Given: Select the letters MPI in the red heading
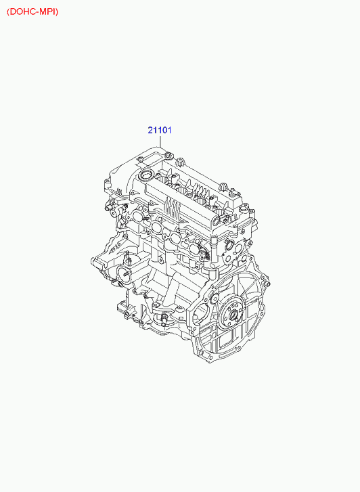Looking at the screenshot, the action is [50, 12].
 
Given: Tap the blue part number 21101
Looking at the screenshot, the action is [160, 130].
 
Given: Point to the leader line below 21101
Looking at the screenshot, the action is [160, 141].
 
